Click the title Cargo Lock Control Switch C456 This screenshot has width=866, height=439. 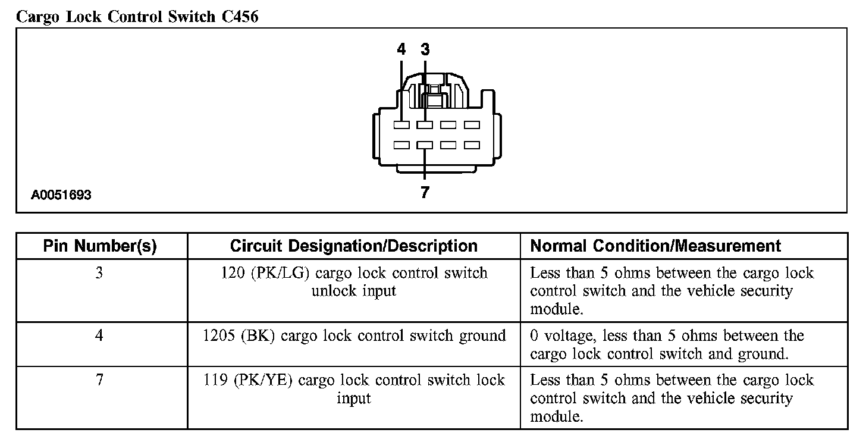point(137,17)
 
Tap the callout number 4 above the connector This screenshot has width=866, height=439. point(401,49)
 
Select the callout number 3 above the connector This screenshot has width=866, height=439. point(425,49)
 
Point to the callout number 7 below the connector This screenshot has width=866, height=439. point(425,192)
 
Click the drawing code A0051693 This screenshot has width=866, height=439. point(62,195)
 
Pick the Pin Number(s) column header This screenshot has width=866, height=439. point(100,246)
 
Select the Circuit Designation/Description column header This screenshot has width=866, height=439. point(353,246)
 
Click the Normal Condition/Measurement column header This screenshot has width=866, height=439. point(655,246)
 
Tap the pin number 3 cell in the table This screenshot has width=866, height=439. point(99,274)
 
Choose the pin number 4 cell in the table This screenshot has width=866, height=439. point(99,336)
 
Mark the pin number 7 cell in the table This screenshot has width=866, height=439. point(99,380)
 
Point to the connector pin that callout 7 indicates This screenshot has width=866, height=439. point(425,145)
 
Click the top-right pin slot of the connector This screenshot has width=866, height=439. point(472,125)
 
